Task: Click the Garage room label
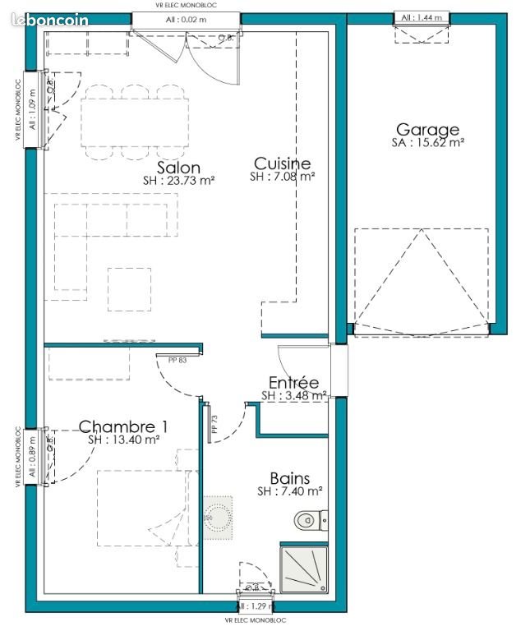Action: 427,129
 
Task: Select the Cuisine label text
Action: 282,163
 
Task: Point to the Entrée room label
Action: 293,382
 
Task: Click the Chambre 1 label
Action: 123,426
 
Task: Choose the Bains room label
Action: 289,478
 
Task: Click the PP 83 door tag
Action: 168,358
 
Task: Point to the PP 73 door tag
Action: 213,423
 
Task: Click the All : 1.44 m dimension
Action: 422,17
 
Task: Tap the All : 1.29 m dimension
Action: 254,606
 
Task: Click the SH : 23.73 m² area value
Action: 179,180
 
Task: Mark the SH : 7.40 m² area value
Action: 289,491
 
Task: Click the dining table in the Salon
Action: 136,122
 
